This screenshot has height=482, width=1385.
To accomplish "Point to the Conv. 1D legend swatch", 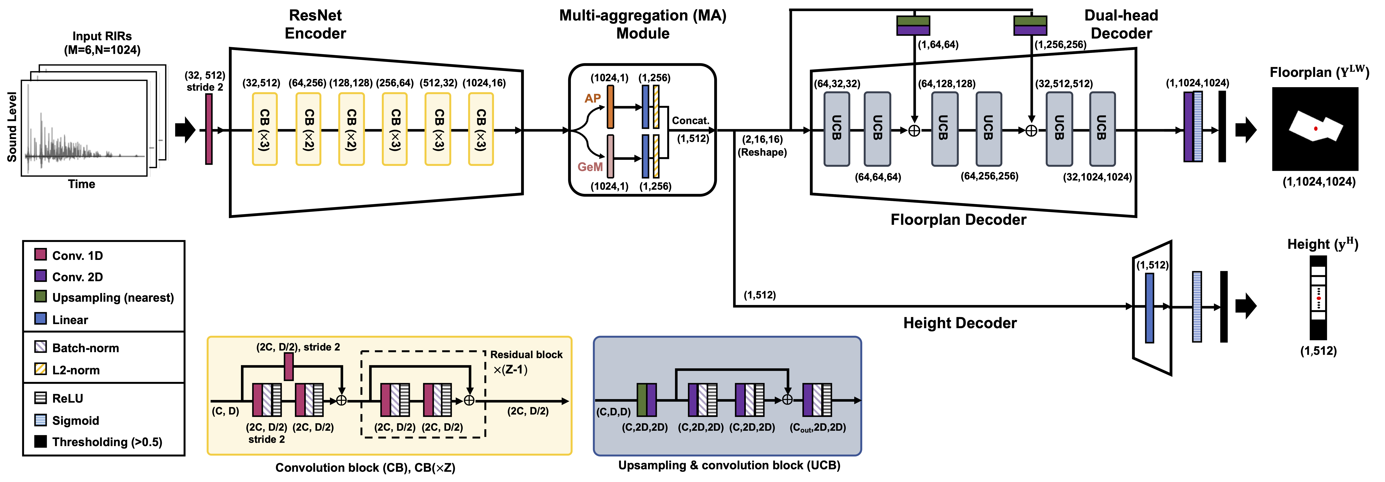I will (40, 255).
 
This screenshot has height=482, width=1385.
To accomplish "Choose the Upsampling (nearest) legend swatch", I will (40, 296).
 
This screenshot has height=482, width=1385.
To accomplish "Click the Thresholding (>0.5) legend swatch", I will (40, 441).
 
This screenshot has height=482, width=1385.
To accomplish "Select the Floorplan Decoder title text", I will (958, 219).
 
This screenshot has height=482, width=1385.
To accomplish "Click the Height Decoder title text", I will (960, 323).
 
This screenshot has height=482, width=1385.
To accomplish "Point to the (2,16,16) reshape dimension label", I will (762, 139).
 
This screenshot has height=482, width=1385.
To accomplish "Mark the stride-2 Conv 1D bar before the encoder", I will (209, 129).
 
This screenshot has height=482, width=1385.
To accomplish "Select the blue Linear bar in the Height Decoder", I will (1150, 308).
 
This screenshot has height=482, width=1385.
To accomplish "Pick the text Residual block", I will (526, 354).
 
